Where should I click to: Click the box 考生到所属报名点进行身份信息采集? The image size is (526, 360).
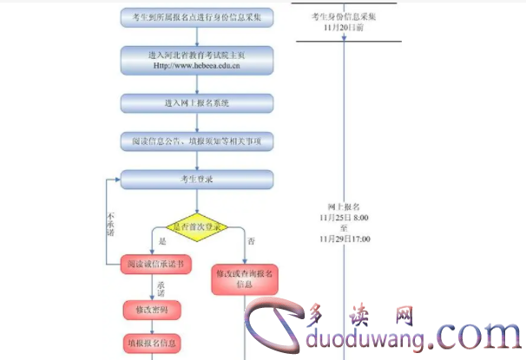pos(197,16)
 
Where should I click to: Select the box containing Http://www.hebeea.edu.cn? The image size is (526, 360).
pos(197,60)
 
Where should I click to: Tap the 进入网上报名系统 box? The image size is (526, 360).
pos(197,103)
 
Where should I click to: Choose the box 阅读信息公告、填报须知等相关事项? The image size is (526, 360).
pos(197,140)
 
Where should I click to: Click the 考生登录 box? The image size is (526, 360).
pos(197,180)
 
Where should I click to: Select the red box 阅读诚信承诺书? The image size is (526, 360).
pos(156,263)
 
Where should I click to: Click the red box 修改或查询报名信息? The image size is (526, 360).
pos(244,278)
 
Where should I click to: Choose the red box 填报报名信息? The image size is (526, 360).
pos(152,342)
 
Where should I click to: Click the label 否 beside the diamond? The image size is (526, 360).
pos(252,239)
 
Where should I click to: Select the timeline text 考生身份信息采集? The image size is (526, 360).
pos(343,17)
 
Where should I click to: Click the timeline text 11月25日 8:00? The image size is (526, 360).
pos(345,218)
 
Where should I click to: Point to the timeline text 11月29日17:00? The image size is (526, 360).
pos(345,238)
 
